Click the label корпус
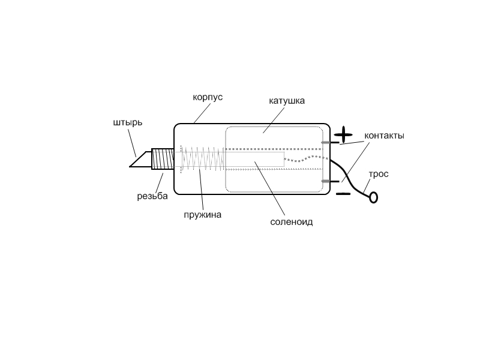pyautogui.click(x=208, y=98)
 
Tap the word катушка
pyautogui.click(x=287, y=101)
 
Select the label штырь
pyautogui.click(x=128, y=122)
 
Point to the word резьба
pyautogui.click(x=152, y=196)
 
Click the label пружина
pyautogui.click(x=202, y=215)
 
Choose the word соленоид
pyautogui.click(x=292, y=221)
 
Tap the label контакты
pyautogui.click(x=384, y=136)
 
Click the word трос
pyautogui.click(x=379, y=174)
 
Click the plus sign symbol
pyautogui.click(x=343, y=134)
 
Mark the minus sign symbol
pyautogui.click(x=343, y=193)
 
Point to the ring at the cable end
pyautogui.click(x=373, y=197)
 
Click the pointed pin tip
pyautogui.click(x=130, y=167)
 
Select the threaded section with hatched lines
pyautogui.click(x=163, y=159)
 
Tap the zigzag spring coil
pyautogui.click(x=203, y=159)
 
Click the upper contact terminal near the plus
pyautogui.click(x=331, y=142)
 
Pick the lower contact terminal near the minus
pyautogui.click(x=331, y=181)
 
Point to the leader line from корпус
pyautogui.click(x=202, y=113)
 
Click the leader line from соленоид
pyautogui.click(x=269, y=188)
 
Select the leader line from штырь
pyautogui.click(x=132, y=143)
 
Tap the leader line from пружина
pyautogui.click(x=201, y=189)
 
